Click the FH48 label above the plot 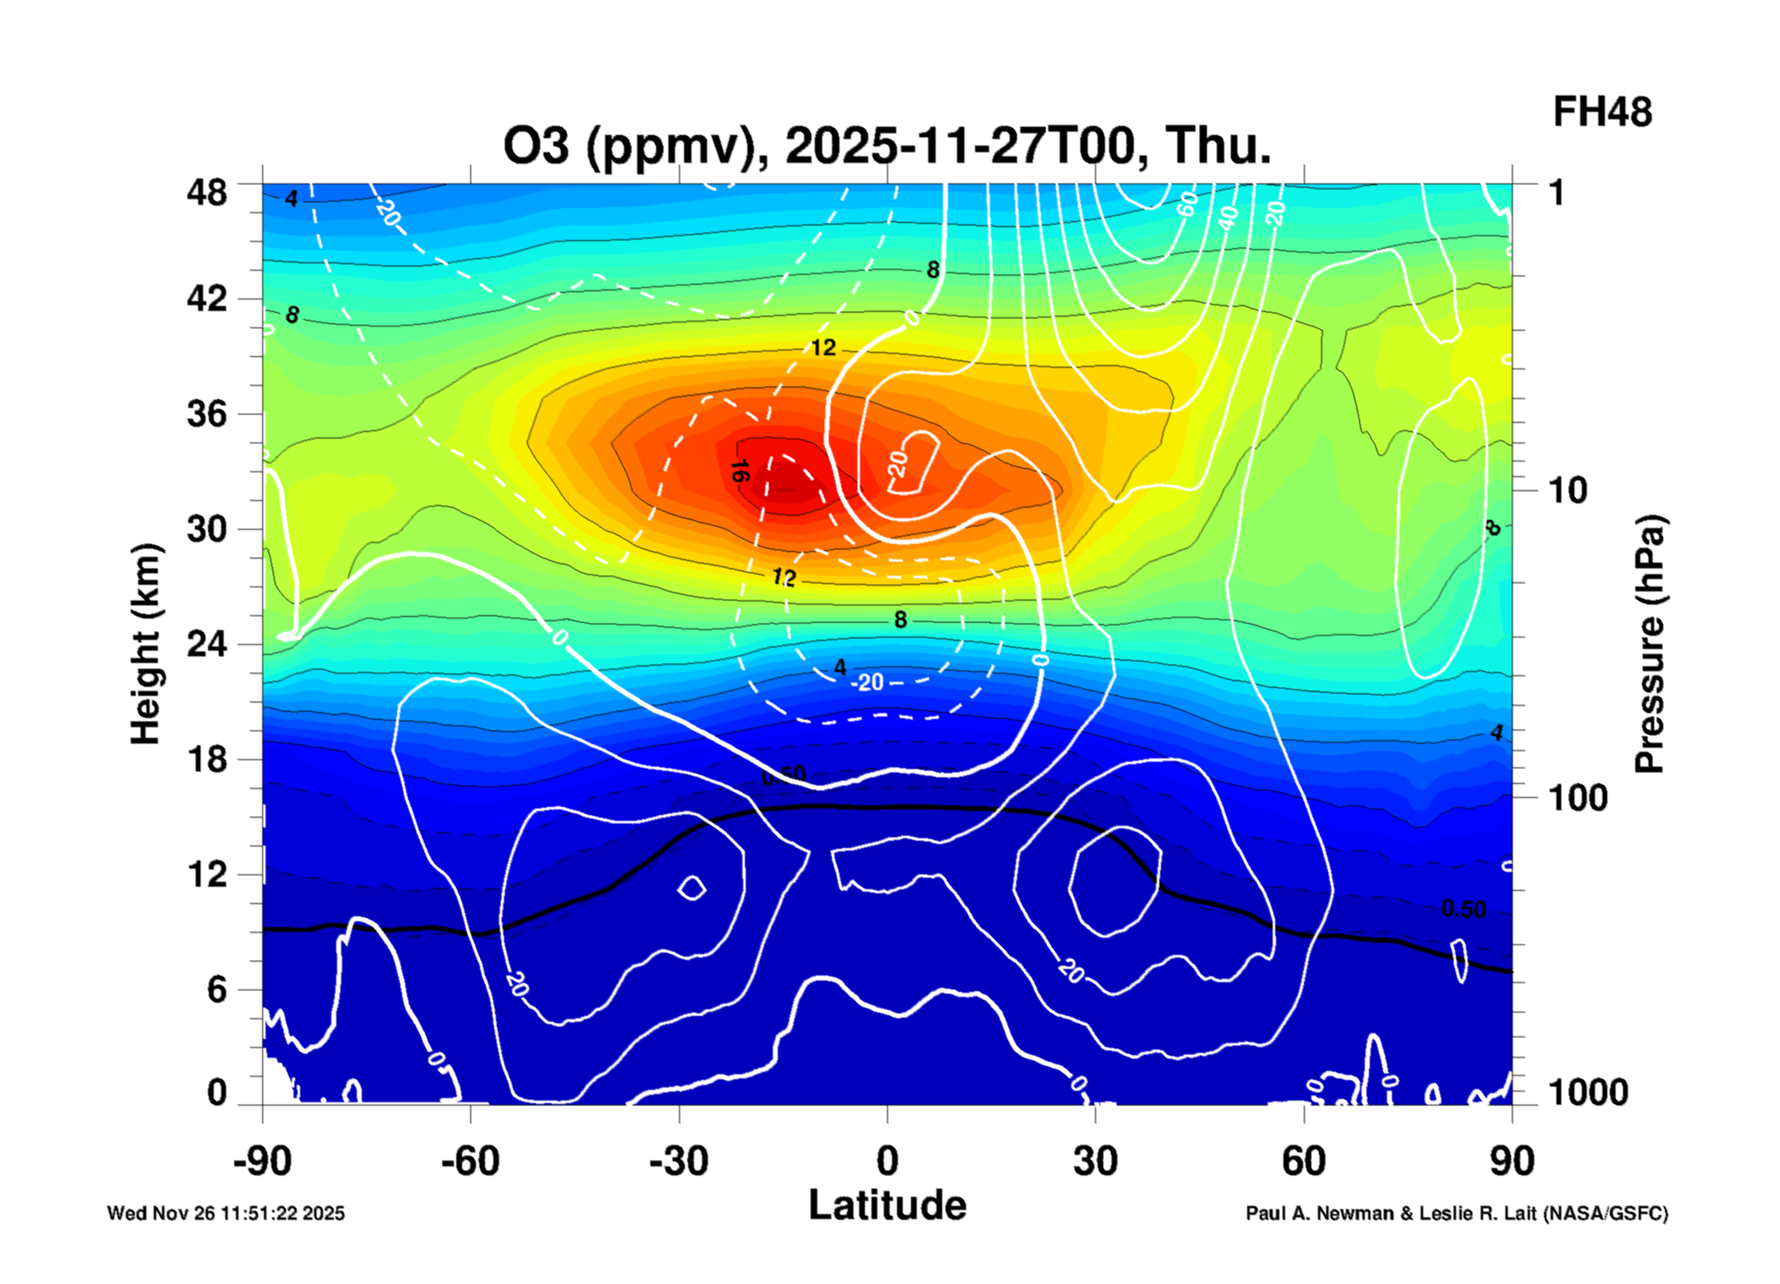tap(1602, 112)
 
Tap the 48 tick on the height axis tap(206, 192)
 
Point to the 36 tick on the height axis tap(206, 413)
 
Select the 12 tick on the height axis tap(206, 874)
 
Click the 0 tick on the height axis tap(216, 1092)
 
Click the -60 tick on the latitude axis tap(469, 1161)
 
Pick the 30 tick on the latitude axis tap(1095, 1161)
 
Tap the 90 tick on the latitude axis tap(1511, 1161)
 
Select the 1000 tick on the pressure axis tap(1588, 1092)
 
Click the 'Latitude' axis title tap(887, 1205)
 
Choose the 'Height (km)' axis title tap(146, 643)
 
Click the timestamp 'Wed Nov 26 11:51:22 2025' tap(226, 1213)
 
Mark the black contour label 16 tap(739, 471)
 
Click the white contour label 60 tap(1186, 203)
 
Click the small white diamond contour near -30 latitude tap(691, 888)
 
